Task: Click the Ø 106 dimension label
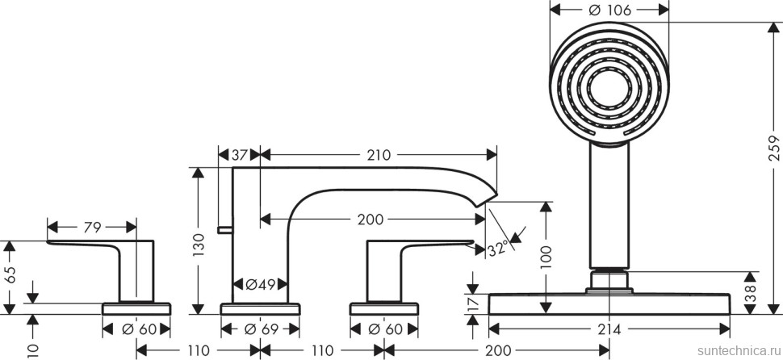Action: click(611, 10)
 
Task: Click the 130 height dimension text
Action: click(199, 240)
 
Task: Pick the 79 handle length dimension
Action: click(91, 228)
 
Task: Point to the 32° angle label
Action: click(498, 249)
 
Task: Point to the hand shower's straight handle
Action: click(610, 206)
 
